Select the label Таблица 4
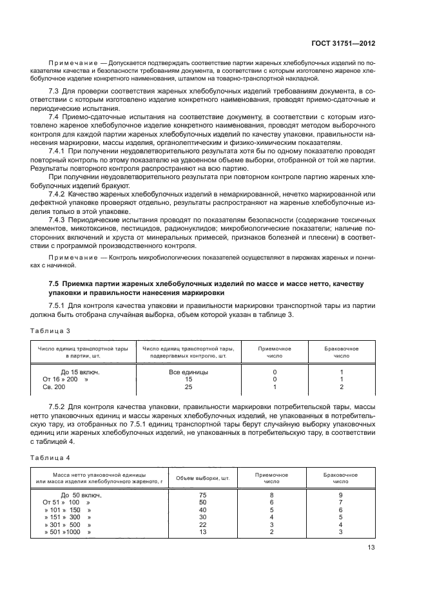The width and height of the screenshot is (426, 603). pos(50,459)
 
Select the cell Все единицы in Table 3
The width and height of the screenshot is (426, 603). pos(188,372)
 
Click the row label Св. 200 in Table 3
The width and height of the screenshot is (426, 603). pos(54,387)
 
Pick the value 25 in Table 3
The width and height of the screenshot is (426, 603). pos(188,387)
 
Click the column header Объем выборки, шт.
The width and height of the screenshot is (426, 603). pos(203,478)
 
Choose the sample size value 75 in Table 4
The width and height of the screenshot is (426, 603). pos(203,494)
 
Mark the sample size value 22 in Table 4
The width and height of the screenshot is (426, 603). pos(203,524)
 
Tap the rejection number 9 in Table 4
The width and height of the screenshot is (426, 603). pos(340,494)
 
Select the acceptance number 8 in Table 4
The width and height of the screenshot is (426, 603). pos(271,494)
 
